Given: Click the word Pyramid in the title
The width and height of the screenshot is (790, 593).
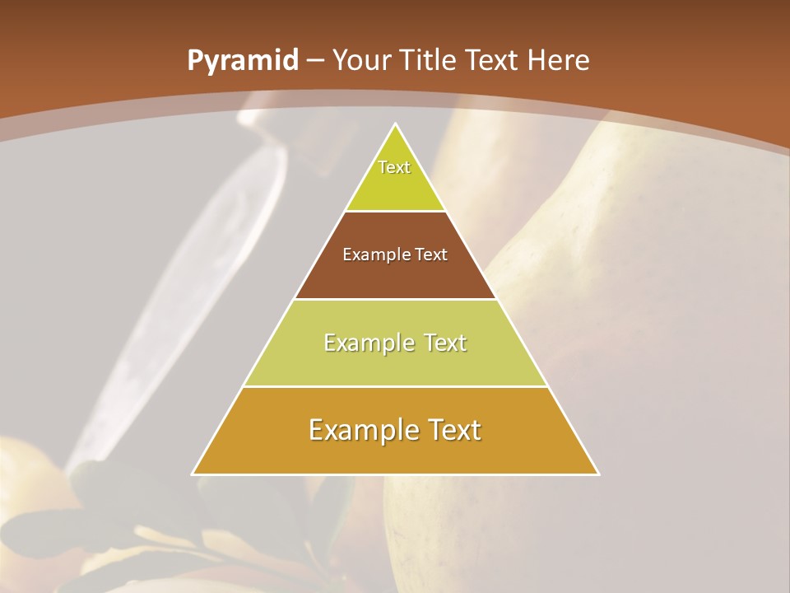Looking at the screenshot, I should (242, 61).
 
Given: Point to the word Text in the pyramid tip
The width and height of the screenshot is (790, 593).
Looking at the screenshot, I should (394, 167).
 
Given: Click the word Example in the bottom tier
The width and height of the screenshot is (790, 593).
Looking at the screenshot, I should (359, 430).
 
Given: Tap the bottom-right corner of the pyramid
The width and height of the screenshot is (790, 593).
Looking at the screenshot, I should (597, 474).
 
